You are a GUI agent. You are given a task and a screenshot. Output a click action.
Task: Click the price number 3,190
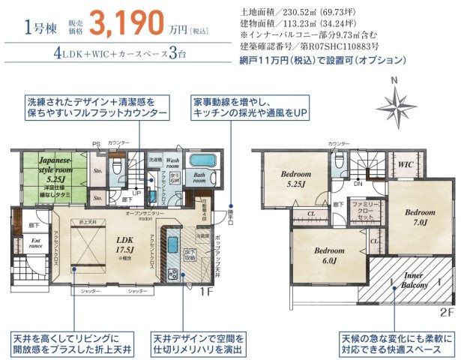pos(127,24)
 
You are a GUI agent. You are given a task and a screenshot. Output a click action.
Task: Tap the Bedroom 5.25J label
pos(295,179)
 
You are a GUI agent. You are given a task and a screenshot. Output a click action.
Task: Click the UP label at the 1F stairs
pos(135,192)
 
